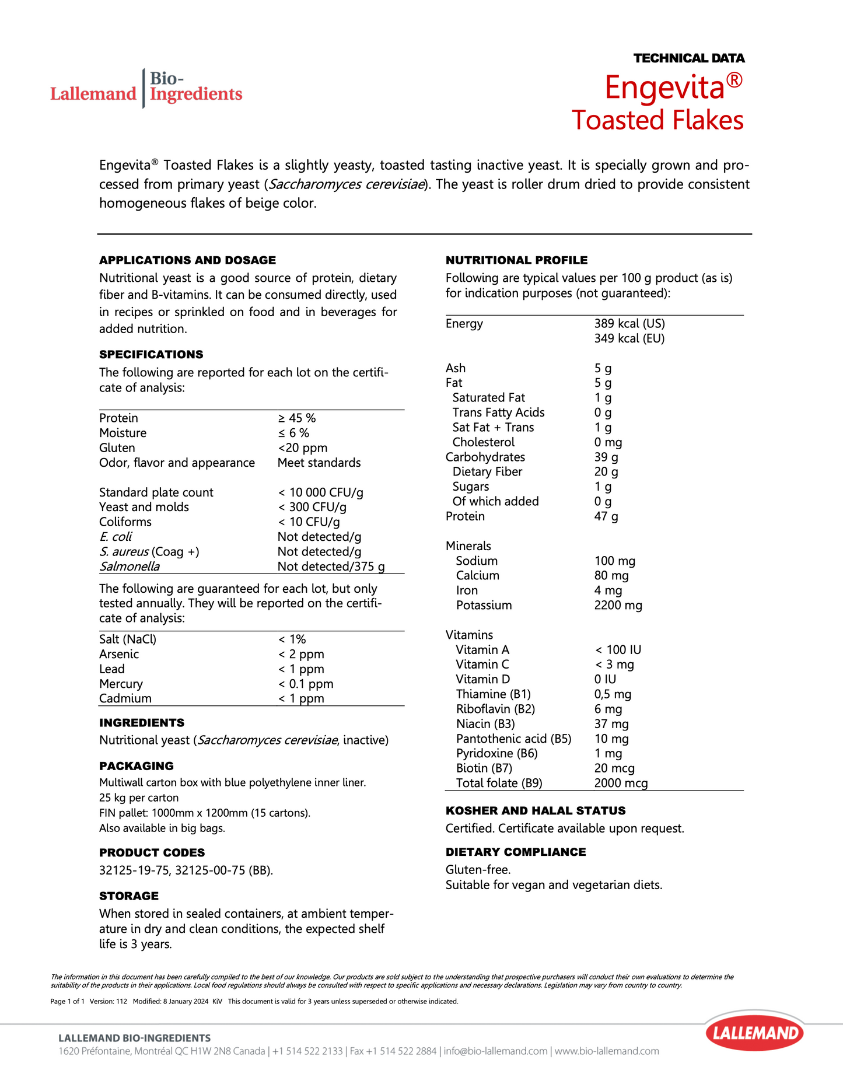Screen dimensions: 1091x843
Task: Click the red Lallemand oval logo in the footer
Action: click(755, 1034)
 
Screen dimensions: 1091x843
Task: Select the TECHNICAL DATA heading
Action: click(689, 58)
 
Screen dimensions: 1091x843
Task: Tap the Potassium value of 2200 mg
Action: click(618, 605)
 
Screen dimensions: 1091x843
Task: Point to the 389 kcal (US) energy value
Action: click(629, 324)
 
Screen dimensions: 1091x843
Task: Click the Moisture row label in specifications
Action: click(123, 433)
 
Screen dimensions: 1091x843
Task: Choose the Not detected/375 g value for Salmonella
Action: click(331, 567)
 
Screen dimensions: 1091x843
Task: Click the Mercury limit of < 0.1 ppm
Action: click(306, 684)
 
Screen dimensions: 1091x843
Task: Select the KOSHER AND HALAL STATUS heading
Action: click(535, 810)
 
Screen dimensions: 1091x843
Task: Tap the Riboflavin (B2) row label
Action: click(495, 709)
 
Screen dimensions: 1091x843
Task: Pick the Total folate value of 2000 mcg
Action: click(621, 783)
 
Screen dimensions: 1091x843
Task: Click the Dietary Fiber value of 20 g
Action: click(606, 471)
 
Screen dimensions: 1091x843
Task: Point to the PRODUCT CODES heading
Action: click(152, 852)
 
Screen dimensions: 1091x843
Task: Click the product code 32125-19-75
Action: click(134, 870)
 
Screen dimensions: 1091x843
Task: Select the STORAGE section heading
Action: click(128, 896)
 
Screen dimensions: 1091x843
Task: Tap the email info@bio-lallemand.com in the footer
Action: click(495, 1051)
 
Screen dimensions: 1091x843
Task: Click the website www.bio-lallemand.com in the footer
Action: click(607, 1051)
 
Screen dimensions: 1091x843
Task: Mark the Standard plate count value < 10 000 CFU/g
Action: click(320, 492)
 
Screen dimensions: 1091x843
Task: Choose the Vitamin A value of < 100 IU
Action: click(618, 649)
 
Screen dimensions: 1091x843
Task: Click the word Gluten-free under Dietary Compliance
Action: click(478, 870)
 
